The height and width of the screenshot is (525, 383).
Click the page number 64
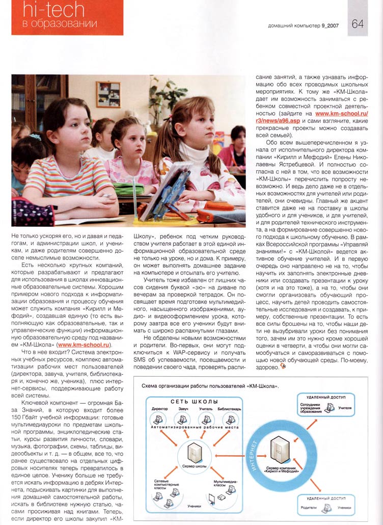tap(358, 23)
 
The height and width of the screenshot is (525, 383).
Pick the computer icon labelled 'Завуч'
tap(182, 419)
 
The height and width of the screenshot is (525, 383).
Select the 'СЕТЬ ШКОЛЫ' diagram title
tap(191, 402)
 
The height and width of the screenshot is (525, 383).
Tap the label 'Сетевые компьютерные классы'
tap(164, 484)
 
